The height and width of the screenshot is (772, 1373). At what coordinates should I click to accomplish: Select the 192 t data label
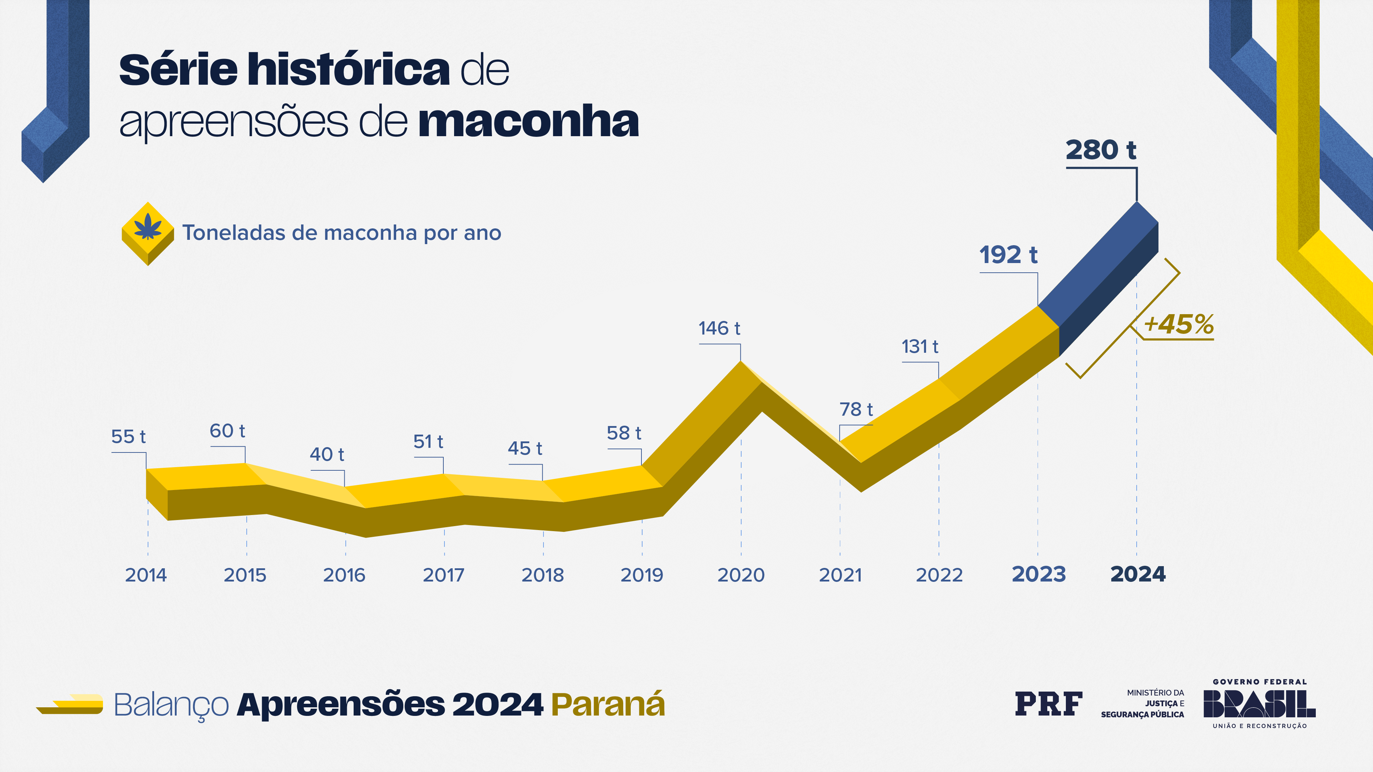tap(1008, 255)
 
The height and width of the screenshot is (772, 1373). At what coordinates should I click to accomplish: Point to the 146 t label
tap(719, 329)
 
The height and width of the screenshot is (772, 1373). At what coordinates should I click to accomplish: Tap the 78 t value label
tap(856, 410)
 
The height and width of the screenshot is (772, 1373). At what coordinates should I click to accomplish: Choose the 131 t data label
tap(919, 347)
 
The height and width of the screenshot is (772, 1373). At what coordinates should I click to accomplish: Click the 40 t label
tap(327, 455)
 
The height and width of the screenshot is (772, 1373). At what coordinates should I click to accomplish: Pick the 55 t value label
tap(128, 437)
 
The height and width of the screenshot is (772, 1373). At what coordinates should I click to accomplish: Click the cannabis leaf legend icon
tap(148, 230)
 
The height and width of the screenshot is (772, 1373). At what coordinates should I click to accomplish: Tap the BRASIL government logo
tap(1259, 704)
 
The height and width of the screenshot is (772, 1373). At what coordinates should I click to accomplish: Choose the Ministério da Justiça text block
tap(1143, 704)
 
